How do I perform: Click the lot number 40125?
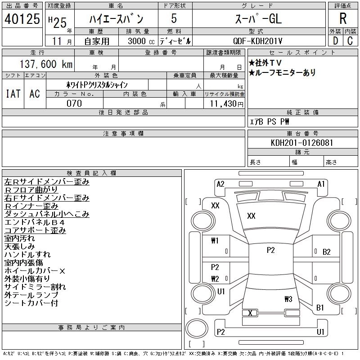(x=21, y=19)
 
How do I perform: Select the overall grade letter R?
(x=343, y=19)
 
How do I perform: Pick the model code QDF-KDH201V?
(x=258, y=41)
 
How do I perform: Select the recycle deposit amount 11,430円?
(x=225, y=103)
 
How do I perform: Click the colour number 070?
(x=74, y=103)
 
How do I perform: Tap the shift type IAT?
(x=13, y=94)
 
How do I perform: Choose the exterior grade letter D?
(x=335, y=41)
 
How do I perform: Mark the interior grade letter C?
(x=350, y=41)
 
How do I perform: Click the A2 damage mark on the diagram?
(x=220, y=184)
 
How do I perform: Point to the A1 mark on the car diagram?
(x=321, y=184)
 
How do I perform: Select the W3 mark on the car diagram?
(x=288, y=299)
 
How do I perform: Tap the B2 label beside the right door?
(x=326, y=252)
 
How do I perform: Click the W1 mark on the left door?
(x=215, y=241)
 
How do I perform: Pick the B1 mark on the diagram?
(x=320, y=308)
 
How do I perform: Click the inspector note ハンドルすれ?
(x=27, y=255)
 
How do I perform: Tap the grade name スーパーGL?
(x=258, y=19)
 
